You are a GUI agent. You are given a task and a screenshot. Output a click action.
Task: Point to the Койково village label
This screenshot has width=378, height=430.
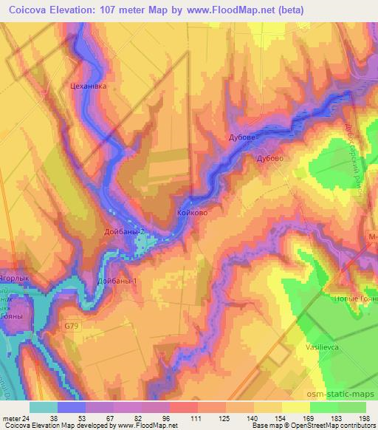[x=191, y=213]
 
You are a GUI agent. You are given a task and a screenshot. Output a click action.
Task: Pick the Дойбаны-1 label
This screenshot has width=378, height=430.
[x=117, y=281]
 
